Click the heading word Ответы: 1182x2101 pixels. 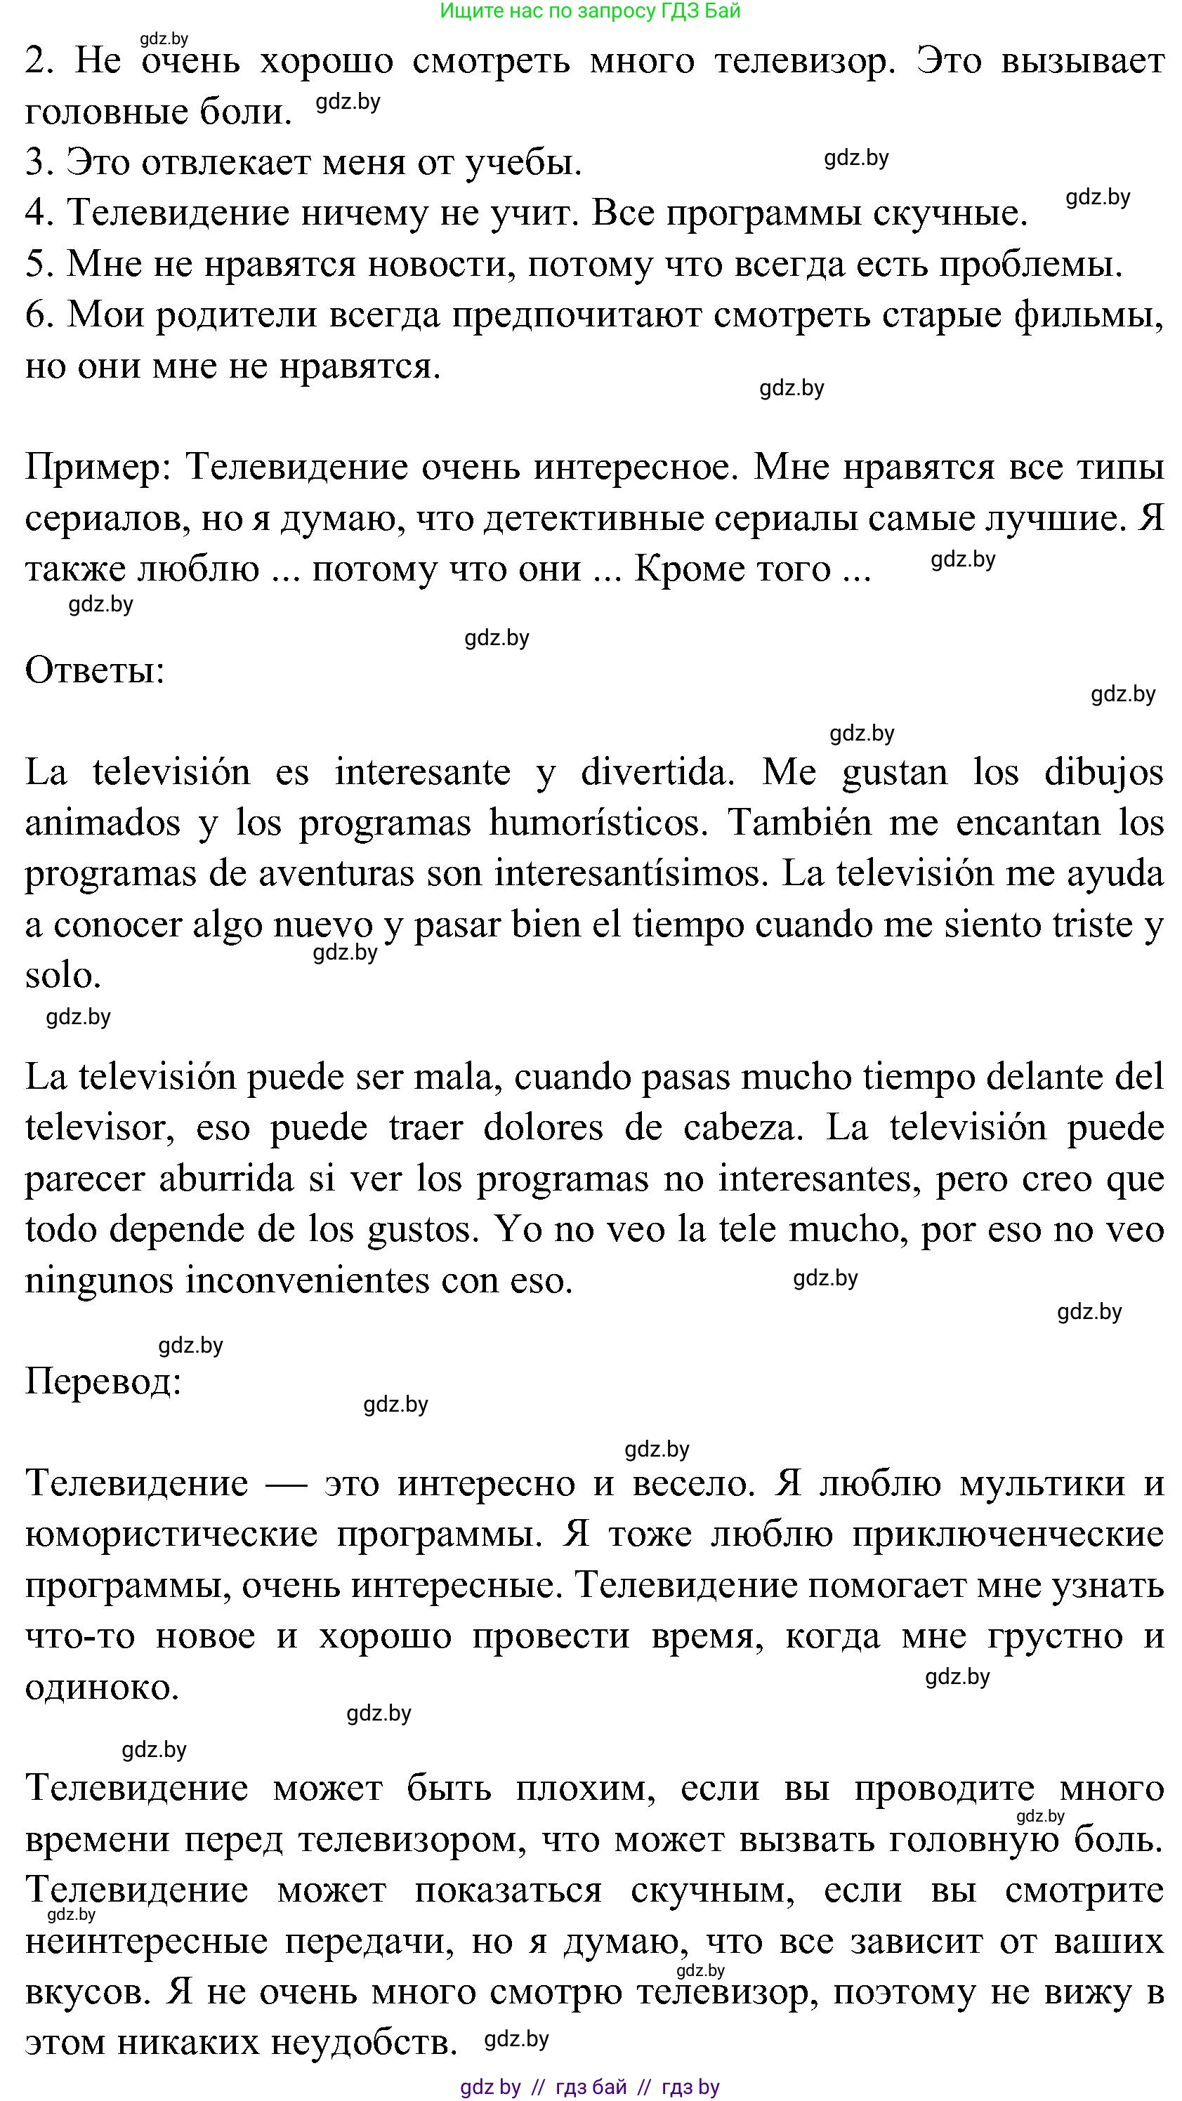[95, 670]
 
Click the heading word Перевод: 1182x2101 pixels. [103, 1381]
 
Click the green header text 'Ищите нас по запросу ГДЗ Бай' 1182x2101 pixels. [590, 11]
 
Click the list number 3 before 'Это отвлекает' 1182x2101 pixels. [37, 162]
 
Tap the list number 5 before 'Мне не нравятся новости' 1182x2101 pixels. [37, 264]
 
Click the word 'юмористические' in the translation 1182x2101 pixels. [171, 1535]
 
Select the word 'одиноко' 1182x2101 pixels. [101, 1687]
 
